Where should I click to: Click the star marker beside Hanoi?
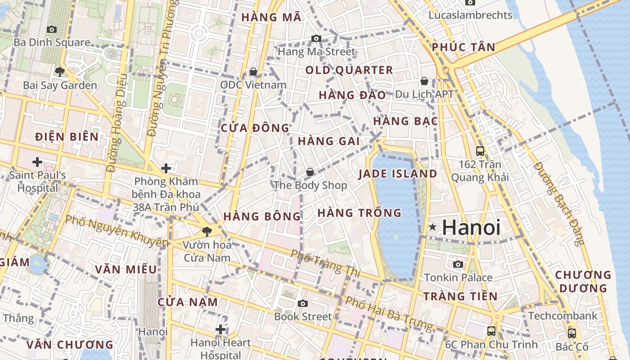432,227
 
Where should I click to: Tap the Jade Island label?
397,174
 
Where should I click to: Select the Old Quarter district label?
349,70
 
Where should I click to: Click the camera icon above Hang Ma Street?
316,39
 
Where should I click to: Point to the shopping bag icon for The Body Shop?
310,172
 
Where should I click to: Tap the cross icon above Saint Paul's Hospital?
37,162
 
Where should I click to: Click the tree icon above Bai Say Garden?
59,72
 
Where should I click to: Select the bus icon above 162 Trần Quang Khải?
480,151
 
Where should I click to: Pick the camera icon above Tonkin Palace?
458,264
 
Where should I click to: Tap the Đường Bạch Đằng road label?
558,203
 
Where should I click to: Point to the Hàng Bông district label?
262,216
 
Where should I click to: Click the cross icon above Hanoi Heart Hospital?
220,329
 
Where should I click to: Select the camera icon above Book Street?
303,304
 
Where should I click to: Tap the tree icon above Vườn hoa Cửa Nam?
207,232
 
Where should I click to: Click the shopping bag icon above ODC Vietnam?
253,72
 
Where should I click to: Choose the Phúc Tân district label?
463,47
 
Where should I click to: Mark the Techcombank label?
562,316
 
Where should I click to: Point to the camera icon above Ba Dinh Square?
52,30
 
